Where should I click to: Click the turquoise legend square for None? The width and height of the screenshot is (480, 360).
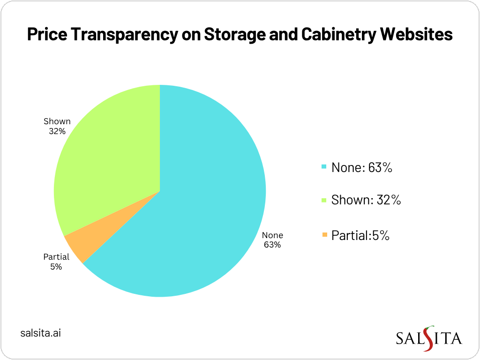click(323, 167)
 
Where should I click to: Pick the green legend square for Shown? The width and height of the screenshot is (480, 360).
click(323, 201)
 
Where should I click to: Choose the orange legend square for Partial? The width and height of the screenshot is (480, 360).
click(323, 234)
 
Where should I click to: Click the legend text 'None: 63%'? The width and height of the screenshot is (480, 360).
click(361, 167)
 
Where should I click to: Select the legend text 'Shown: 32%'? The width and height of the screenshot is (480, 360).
click(366, 200)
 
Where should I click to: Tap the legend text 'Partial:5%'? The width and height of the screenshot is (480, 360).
click(360, 235)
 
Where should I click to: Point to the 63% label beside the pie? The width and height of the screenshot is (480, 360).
click(272, 245)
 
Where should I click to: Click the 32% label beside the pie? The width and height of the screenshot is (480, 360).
click(57, 131)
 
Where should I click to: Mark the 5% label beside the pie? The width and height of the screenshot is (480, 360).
click(56, 267)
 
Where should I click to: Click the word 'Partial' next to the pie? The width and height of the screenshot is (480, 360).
click(56, 257)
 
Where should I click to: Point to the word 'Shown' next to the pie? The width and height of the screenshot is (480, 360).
click(57, 121)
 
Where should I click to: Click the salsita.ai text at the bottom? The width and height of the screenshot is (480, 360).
click(41, 333)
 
